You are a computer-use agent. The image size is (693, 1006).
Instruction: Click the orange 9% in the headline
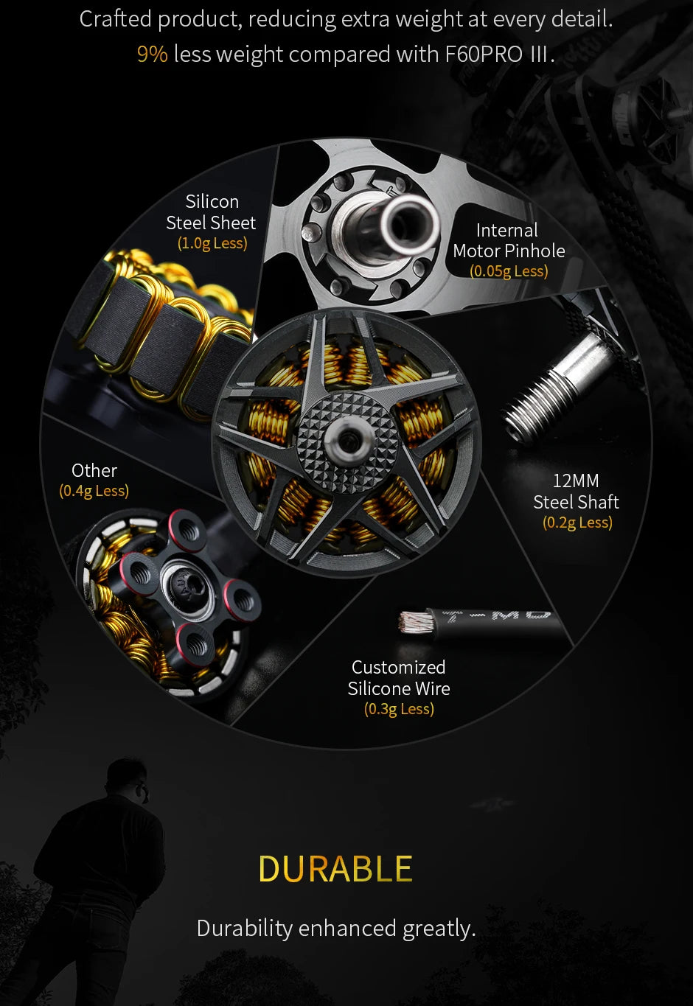click(152, 55)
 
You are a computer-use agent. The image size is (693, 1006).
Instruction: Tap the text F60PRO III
click(499, 55)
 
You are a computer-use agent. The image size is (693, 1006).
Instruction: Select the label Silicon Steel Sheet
click(212, 212)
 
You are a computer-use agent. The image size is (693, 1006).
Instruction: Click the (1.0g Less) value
click(212, 243)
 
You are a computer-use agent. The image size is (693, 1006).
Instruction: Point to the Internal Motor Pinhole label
click(509, 240)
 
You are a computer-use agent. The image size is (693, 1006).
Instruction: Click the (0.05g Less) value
click(509, 271)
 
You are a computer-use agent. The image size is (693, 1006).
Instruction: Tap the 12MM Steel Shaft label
click(576, 492)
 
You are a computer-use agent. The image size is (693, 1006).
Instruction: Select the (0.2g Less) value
click(577, 523)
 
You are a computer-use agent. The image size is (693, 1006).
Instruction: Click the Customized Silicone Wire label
click(399, 678)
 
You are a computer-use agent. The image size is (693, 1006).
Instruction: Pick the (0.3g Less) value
click(399, 709)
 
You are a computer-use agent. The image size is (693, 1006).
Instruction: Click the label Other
click(94, 470)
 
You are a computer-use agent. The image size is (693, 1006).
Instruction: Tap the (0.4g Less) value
click(94, 491)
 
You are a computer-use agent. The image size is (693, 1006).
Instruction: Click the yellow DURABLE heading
click(335, 869)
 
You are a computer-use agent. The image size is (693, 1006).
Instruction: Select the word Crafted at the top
click(115, 19)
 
